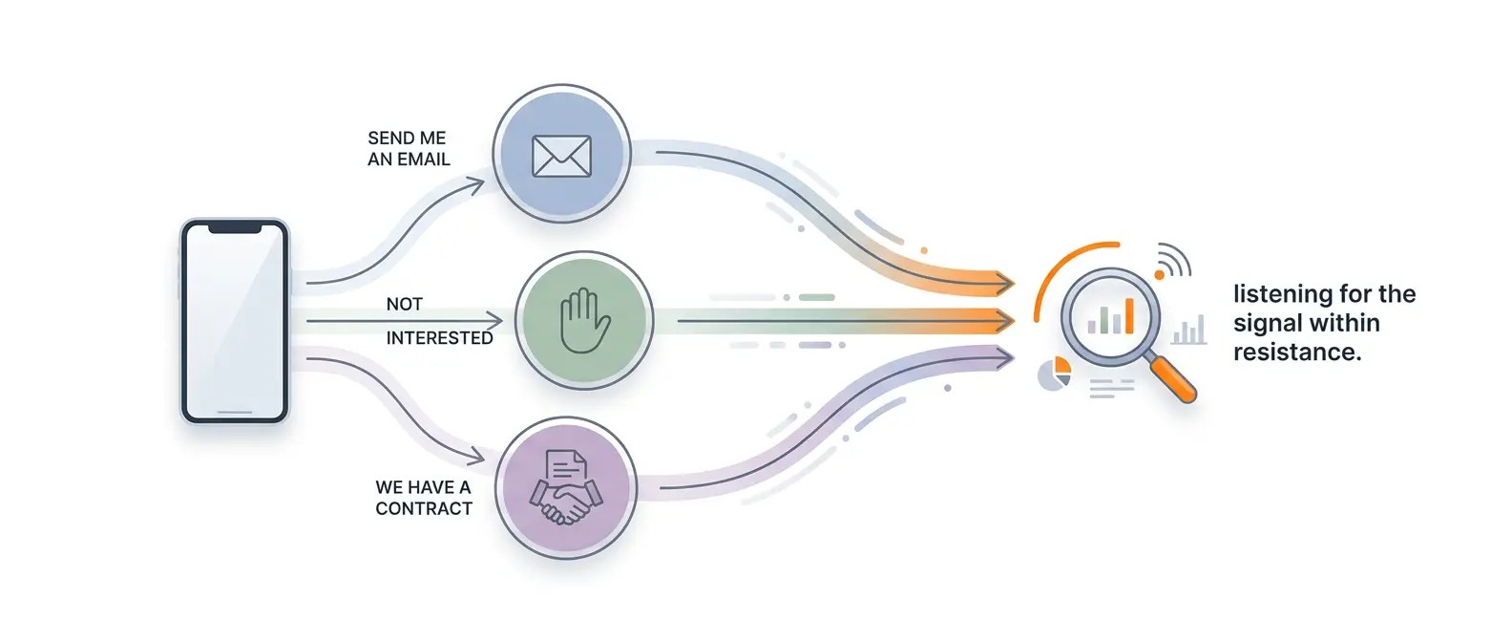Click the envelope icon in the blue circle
pos(561,157)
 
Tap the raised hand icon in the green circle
pos(584,321)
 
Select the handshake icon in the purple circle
pos(566,488)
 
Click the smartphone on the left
pos(235,321)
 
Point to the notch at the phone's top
pos(234,229)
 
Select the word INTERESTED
pos(439,338)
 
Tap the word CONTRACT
pos(424,508)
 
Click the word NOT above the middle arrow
pos(404,304)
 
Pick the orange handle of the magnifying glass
pos(1172,377)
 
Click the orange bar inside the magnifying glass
pos(1129,315)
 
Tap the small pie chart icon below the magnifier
pos(1055,374)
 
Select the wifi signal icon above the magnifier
pos(1173,261)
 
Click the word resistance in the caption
pos(1295,353)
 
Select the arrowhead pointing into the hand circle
pos(493,320)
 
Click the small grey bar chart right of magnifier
pos(1188,332)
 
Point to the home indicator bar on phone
pos(235,413)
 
